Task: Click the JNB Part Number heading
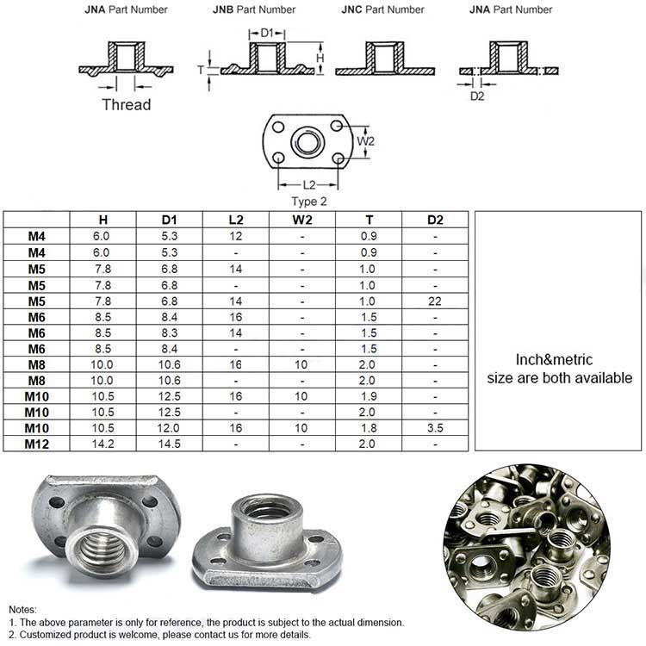click(254, 9)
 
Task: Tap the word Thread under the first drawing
click(126, 105)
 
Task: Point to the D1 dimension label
click(267, 33)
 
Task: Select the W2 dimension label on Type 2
click(366, 140)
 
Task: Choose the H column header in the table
click(102, 220)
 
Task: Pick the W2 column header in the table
click(302, 220)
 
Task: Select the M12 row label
click(36, 444)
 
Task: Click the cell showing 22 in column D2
click(435, 301)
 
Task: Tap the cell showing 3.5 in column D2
click(435, 427)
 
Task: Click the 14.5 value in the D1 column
click(170, 444)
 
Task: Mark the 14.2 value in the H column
click(102, 444)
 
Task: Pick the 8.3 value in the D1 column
click(170, 332)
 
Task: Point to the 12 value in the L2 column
click(236, 236)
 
